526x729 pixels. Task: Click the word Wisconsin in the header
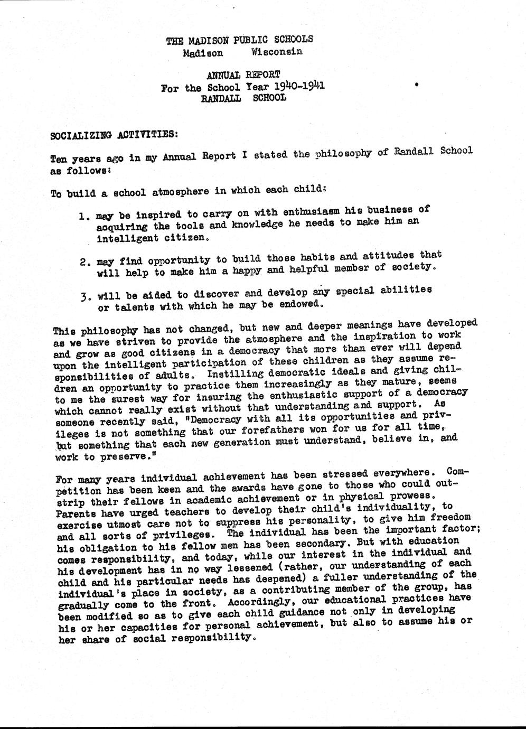pos(277,51)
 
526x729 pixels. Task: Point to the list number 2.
pos(83,261)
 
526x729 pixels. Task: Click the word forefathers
pos(286,429)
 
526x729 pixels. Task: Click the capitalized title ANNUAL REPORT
pos(243,75)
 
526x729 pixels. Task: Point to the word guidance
pos(316,612)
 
